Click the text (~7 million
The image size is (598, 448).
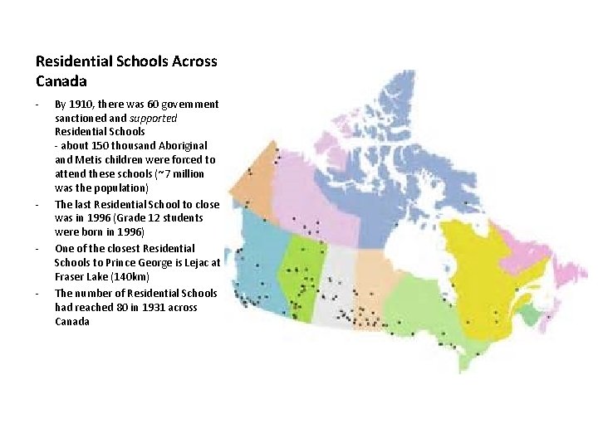[x=172, y=174]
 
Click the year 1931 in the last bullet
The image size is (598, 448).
[x=160, y=307]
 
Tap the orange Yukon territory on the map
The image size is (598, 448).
[x=259, y=174]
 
